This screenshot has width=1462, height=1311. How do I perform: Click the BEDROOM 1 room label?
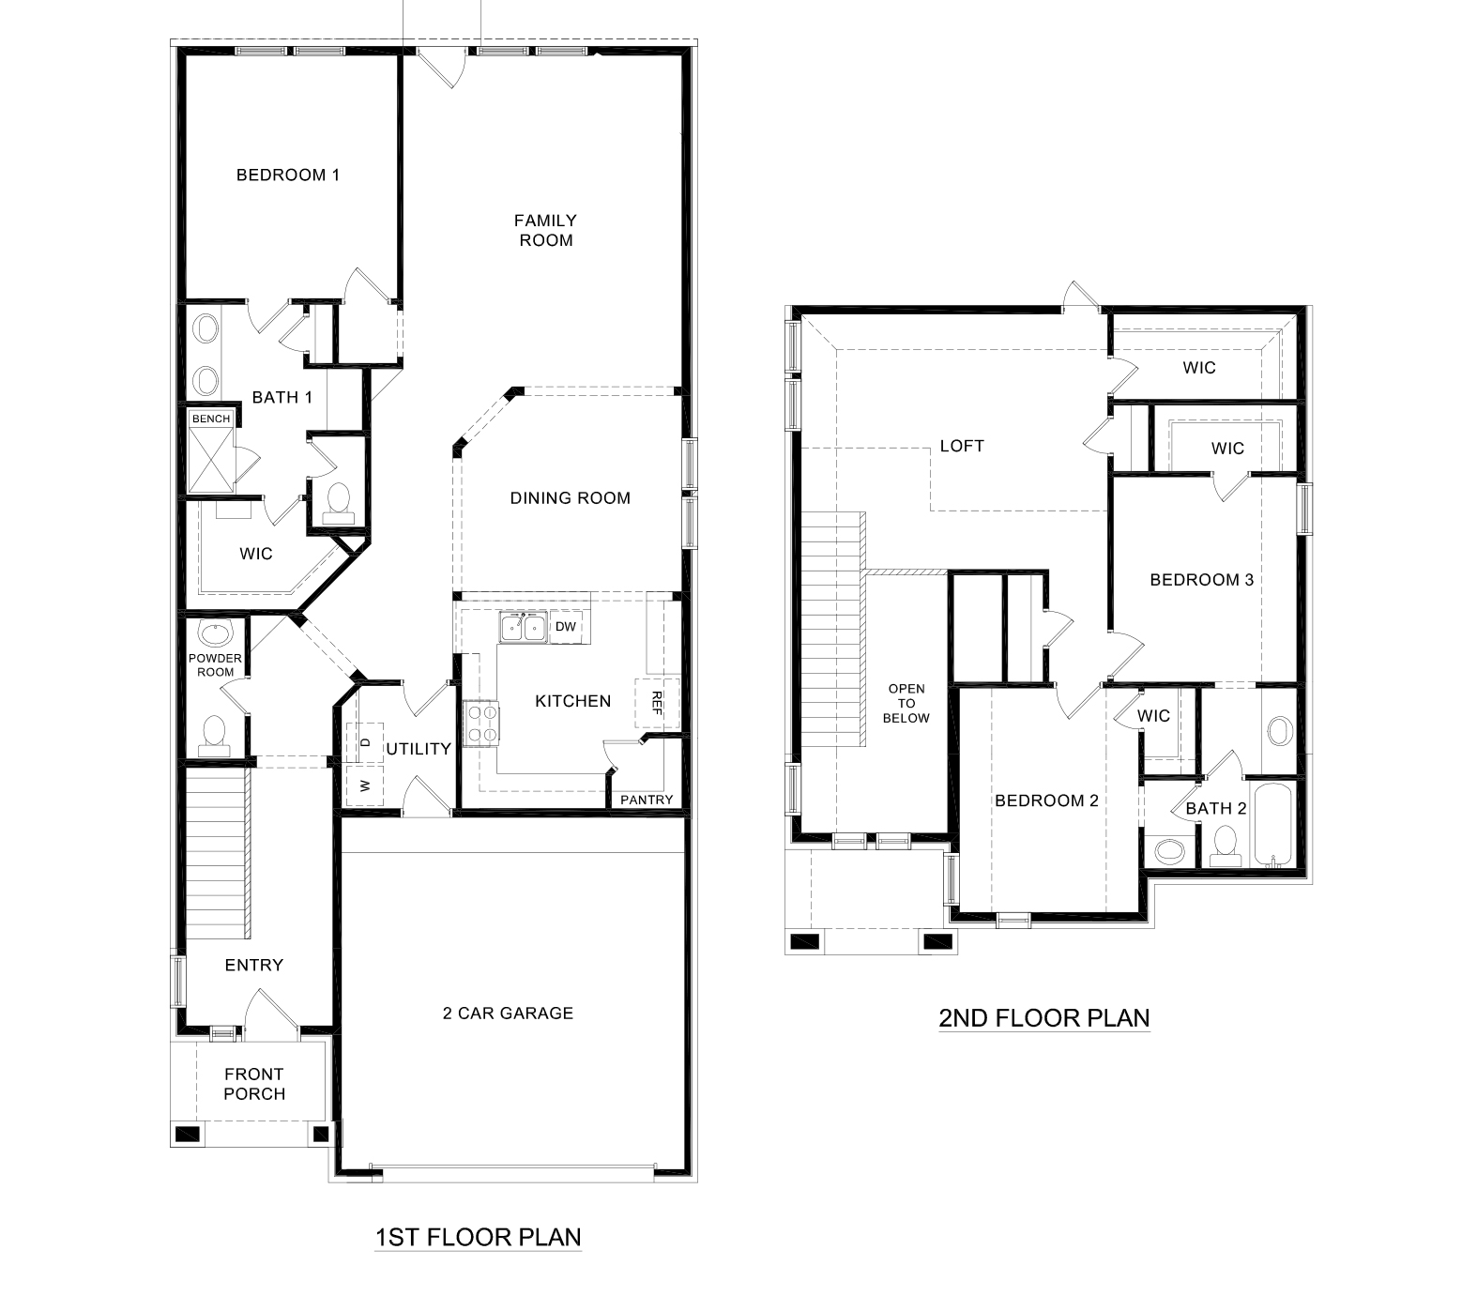287,175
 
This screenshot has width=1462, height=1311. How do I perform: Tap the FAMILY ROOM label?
545,230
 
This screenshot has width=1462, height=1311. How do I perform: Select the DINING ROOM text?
570,498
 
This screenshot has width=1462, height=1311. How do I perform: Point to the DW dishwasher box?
565,627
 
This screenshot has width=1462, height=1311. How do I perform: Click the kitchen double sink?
523,627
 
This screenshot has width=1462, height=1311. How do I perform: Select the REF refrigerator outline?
657,703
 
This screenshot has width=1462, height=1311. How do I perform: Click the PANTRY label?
647,800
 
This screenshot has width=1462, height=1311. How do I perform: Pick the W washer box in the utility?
365,785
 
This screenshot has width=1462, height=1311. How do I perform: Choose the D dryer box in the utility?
365,742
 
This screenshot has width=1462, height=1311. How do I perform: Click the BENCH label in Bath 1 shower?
210,419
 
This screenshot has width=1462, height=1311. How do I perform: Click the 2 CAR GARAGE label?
508,1013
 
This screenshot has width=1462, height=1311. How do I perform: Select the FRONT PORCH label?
253,1084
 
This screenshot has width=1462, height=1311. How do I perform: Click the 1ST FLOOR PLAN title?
478,1237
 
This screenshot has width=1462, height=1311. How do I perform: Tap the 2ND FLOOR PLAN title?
1043,1018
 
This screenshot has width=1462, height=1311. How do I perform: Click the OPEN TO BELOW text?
906,703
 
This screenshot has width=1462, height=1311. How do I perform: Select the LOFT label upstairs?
962,446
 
